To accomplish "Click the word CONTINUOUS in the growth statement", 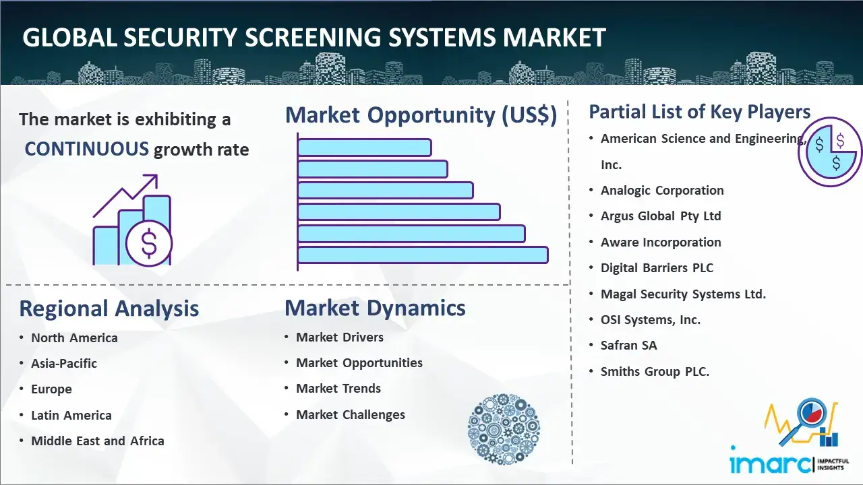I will [x=86, y=149].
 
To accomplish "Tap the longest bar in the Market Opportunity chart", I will [x=423, y=255].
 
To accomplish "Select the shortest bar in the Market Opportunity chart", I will [x=364, y=147].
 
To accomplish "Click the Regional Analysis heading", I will [x=109, y=309].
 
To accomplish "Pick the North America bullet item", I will [x=74, y=338].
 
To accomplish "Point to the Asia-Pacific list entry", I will [x=64, y=364].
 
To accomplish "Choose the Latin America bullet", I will [x=71, y=416].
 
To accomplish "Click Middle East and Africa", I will [x=98, y=441].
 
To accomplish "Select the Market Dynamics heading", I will [x=375, y=309].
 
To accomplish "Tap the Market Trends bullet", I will [x=338, y=389].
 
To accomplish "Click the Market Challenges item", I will [x=351, y=415].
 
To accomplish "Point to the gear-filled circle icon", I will [x=504, y=429].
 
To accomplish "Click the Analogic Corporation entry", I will [x=662, y=191].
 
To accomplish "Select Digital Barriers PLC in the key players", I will [x=657, y=268].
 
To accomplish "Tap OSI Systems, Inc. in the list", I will [x=651, y=320].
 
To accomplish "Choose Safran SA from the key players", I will [x=629, y=346].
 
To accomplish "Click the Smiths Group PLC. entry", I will [x=655, y=371].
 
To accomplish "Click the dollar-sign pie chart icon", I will [x=829, y=152].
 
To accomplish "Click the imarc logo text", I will [x=771, y=463].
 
